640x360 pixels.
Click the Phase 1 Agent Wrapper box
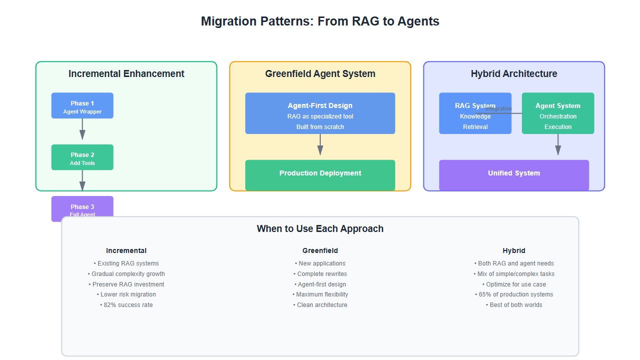(82, 105)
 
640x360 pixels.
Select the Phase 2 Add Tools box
(82, 157)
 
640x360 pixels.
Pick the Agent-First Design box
(320, 113)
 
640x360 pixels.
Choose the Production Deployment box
(320, 174)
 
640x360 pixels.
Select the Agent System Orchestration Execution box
(558, 113)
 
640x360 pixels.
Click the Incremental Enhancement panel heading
(126, 74)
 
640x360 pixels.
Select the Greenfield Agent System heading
(320, 74)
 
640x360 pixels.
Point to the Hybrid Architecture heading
(514, 74)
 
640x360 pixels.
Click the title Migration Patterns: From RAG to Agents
(320, 21)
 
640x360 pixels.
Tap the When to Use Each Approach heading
(320, 229)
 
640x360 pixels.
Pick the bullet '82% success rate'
(127, 305)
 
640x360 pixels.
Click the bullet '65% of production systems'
(514, 294)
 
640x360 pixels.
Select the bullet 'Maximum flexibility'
(320, 294)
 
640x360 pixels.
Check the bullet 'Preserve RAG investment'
(127, 284)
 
